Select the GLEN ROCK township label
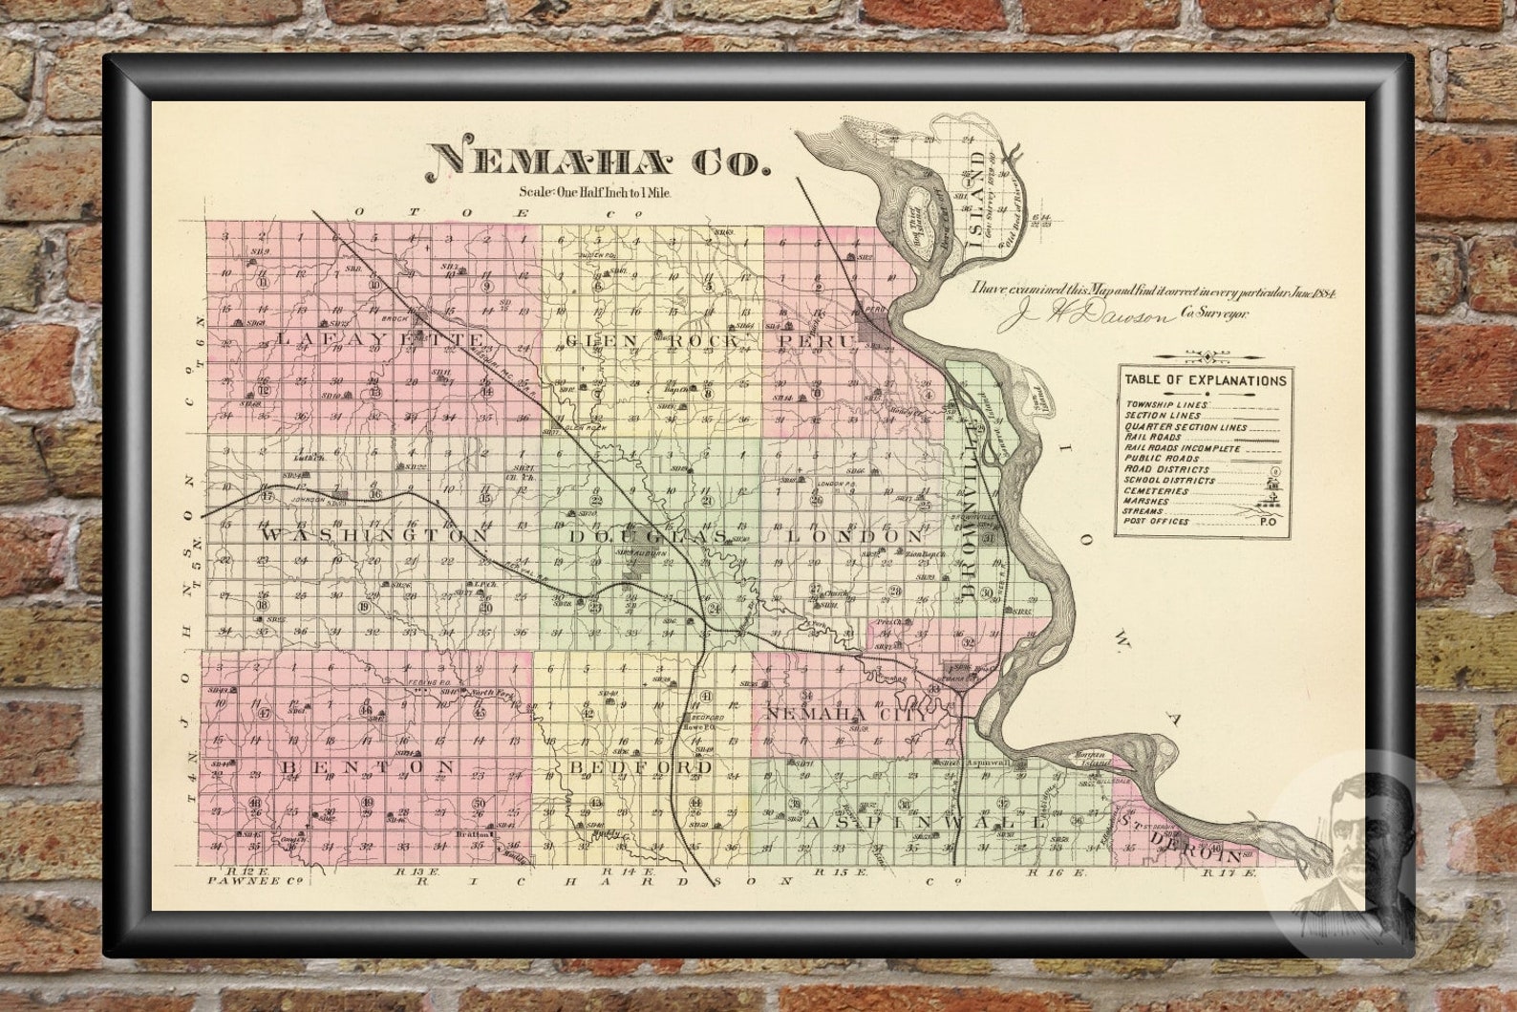tap(652, 341)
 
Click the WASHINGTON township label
tap(374, 536)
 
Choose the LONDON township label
tap(855, 537)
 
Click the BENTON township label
tap(367, 767)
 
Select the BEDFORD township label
tap(641, 767)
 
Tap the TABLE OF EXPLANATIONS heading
tap(1205, 380)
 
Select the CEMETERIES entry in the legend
tap(1157, 491)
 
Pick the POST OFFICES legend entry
tap(1157, 522)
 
